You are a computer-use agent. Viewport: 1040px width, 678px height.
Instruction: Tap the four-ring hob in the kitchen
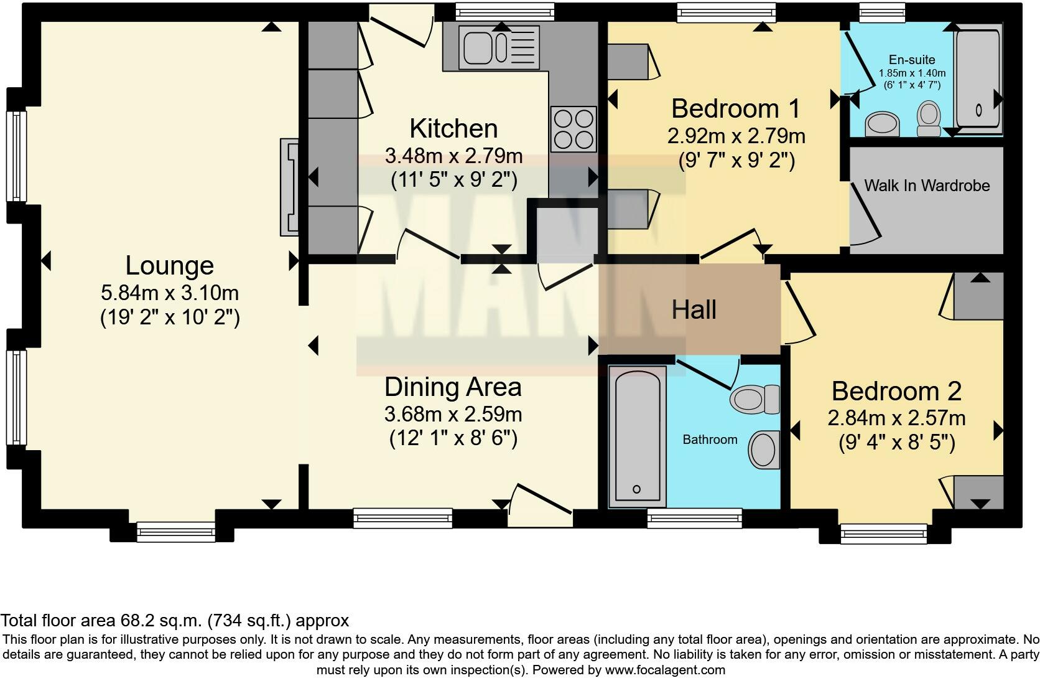574,129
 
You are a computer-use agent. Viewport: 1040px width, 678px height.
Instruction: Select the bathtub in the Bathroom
637,436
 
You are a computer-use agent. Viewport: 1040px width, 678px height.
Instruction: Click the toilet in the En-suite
929,118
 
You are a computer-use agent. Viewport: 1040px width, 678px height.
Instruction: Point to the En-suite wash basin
882,124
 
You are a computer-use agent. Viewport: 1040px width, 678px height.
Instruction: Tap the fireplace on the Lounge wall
289,187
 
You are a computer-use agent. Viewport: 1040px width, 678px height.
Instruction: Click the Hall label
694,309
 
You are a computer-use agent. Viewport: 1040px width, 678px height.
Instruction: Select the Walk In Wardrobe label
927,186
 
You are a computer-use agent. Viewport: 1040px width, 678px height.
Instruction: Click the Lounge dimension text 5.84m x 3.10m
170,293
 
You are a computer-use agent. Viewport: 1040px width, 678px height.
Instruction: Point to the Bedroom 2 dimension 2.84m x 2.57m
896,418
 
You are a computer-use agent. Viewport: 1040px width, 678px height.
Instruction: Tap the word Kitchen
453,128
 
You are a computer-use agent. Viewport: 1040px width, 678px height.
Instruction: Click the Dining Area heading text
453,387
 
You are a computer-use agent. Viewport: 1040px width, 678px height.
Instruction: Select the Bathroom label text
710,440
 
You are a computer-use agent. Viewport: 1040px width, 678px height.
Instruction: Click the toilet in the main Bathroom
755,399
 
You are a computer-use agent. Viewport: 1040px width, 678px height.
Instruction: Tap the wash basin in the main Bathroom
764,450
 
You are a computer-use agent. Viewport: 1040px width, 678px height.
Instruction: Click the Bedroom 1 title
736,109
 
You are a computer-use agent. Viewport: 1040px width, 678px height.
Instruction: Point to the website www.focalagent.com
665,670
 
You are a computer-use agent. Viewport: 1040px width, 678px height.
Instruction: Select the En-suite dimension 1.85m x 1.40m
912,73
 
